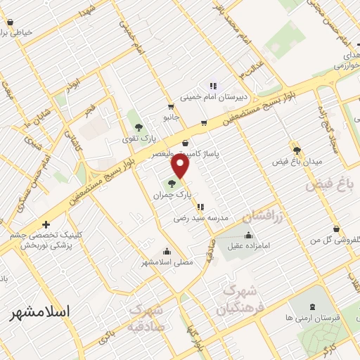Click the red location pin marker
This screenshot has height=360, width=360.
181,166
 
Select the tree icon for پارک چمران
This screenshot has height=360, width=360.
172,184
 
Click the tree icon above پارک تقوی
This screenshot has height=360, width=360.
139,127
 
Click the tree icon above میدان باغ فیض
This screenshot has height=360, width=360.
297,150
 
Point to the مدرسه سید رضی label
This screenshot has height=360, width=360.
202,218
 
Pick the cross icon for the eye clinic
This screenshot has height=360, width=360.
46,225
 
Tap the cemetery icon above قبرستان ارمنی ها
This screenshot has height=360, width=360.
312,307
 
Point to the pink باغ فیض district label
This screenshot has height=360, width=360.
328,186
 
